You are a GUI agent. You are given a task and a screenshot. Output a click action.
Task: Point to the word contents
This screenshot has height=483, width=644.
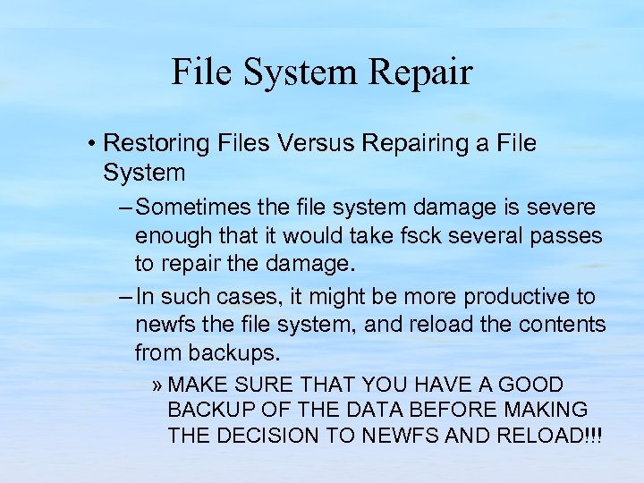point(563,324)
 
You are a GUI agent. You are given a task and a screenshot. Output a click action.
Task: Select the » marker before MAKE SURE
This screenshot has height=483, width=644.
point(157,386)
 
